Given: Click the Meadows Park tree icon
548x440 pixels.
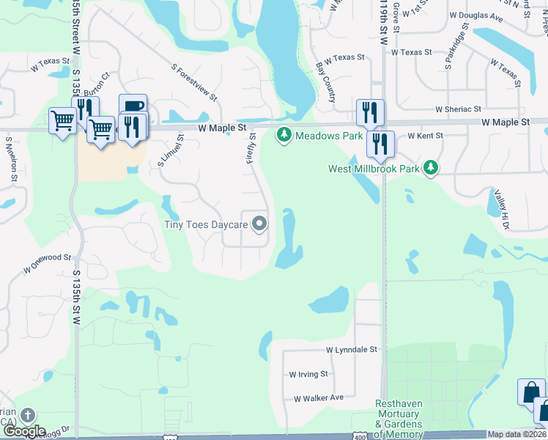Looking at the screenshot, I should [284, 136].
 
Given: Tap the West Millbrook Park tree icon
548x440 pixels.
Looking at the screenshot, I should [432, 169].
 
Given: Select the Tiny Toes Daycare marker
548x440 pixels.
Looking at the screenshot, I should [259, 224].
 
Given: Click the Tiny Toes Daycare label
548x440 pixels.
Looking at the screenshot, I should [205, 224].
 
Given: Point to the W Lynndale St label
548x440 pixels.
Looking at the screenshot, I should [351, 351].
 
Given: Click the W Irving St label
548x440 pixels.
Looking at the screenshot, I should [308, 374].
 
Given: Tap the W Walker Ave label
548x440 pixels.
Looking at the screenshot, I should [319, 398].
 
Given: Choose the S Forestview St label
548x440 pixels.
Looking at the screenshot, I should [194, 82].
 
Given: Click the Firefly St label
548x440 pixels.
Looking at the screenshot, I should [252, 147].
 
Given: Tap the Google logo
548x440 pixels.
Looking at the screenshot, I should [24, 432].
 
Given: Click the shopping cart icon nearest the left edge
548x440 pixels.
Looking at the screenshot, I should [62, 119].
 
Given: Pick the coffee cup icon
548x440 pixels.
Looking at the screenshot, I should [133, 106].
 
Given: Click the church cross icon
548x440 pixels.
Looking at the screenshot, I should [27, 416].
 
